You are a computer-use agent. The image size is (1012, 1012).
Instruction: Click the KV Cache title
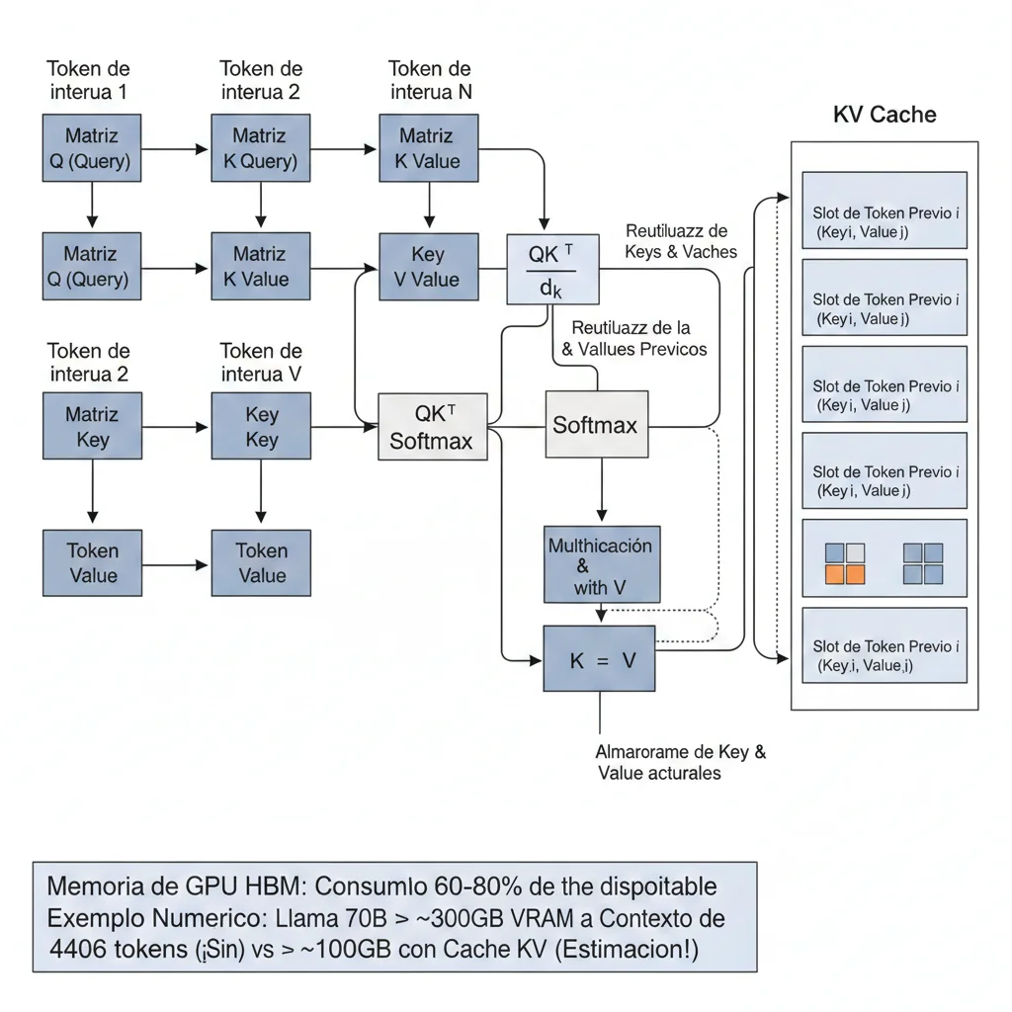[884, 114]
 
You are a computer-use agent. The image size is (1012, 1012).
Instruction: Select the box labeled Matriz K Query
[260, 148]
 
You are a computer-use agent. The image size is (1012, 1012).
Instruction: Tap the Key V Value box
[428, 267]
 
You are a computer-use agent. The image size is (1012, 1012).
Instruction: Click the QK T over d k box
[552, 268]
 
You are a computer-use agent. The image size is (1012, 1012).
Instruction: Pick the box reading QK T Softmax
[431, 426]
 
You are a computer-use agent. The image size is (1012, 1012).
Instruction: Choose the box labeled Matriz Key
[92, 427]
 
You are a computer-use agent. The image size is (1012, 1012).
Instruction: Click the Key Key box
[261, 427]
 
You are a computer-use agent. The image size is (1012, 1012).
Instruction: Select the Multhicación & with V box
[601, 566]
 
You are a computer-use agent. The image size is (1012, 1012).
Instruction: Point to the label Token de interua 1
[88, 80]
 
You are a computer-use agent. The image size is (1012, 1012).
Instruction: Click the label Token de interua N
[429, 80]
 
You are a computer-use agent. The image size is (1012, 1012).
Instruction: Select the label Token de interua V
[261, 363]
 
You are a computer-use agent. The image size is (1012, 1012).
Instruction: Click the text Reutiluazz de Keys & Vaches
[680, 241]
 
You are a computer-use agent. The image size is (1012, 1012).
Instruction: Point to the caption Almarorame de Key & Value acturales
[680, 762]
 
